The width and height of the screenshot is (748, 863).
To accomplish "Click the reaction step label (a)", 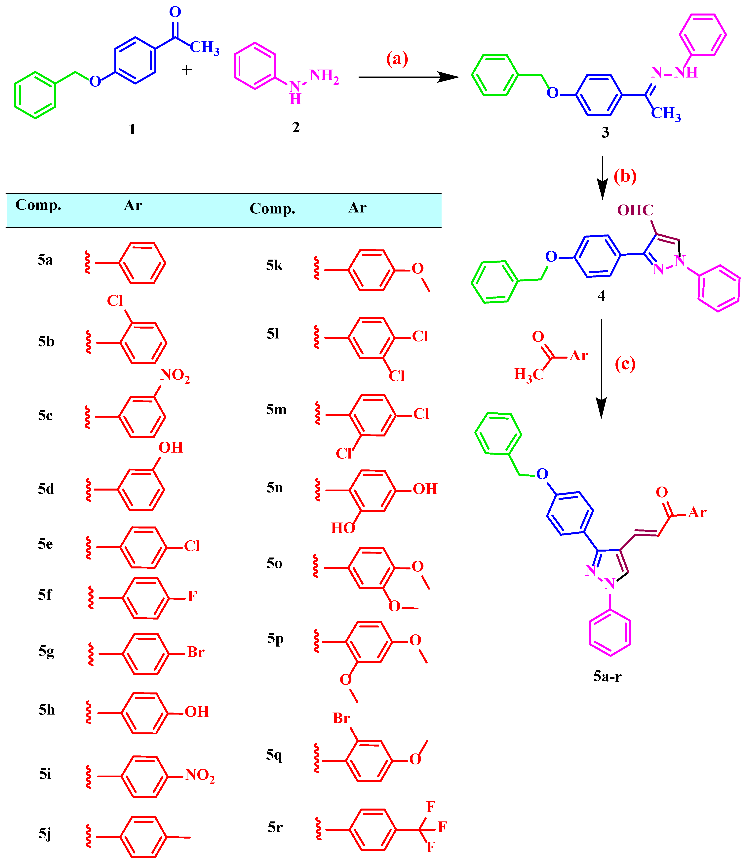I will [x=397, y=59].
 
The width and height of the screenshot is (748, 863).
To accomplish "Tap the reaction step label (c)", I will [x=625, y=364].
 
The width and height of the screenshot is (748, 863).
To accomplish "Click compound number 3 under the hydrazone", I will [x=605, y=133].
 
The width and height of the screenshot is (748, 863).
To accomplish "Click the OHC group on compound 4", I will [x=635, y=210].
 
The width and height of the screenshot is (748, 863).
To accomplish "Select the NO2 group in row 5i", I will [x=200, y=775].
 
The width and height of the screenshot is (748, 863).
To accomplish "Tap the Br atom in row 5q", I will [x=341, y=718].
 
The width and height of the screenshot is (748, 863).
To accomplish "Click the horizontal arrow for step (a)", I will [x=408, y=77].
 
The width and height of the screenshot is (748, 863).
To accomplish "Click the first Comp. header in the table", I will [x=38, y=205].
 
